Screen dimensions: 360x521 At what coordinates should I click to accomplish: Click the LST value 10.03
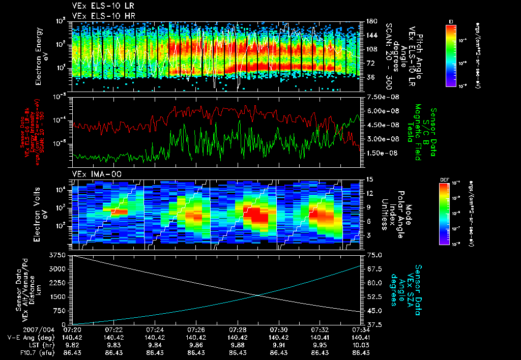click(360, 344)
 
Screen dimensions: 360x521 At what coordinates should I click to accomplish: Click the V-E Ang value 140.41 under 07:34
click(360, 337)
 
